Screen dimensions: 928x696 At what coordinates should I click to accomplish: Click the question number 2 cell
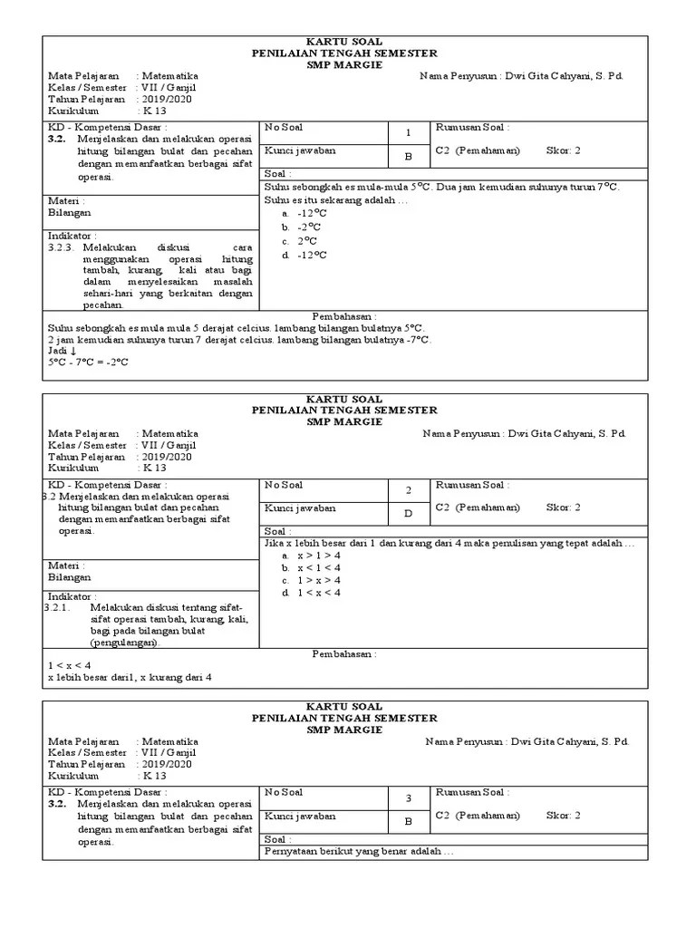[x=408, y=490]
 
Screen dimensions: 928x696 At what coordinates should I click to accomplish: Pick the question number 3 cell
[x=408, y=797]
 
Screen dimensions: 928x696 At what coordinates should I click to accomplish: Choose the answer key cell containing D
[x=408, y=514]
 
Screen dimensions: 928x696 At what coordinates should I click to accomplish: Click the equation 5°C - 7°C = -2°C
[x=88, y=362]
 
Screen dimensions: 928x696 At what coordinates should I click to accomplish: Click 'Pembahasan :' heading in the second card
[x=343, y=654]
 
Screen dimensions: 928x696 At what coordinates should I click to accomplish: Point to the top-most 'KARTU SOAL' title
[x=344, y=43]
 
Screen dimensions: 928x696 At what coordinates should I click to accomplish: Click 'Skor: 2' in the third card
[x=563, y=815]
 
